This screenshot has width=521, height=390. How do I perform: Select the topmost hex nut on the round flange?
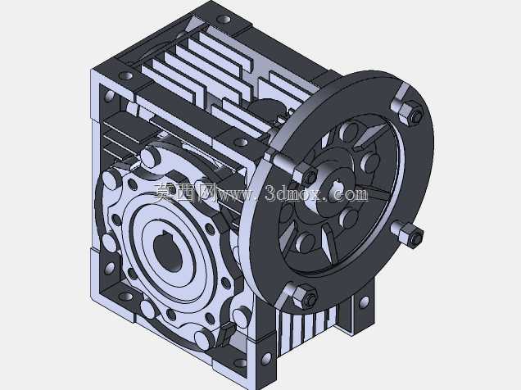[x=410, y=113]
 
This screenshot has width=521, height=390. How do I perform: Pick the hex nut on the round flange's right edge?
[x=410, y=234]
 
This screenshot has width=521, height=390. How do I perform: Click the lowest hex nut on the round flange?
[x=305, y=297]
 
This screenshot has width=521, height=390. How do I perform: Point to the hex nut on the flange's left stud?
[x=306, y=176]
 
